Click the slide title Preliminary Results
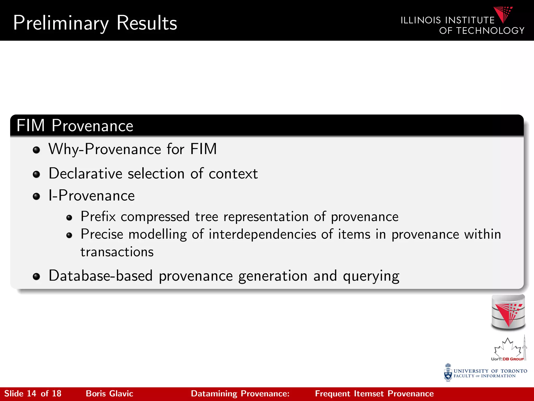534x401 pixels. click(x=95, y=23)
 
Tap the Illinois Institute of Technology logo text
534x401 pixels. click(x=462, y=25)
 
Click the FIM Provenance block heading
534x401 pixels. click(x=75, y=126)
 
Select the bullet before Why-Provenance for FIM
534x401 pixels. click(x=36, y=150)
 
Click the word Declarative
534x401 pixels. click(x=85, y=174)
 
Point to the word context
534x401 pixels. click(x=233, y=174)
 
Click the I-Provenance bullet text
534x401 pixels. click(x=92, y=196)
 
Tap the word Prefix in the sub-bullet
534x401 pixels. click(x=98, y=217)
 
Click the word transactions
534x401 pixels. click(x=117, y=252)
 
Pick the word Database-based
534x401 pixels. click(x=101, y=276)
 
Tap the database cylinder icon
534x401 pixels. click(x=508, y=312)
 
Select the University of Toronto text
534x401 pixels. click(x=490, y=371)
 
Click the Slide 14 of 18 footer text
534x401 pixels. click(x=33, y=394)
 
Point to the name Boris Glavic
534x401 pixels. click(x=110, y=394)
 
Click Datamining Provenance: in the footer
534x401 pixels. click(x=240, y=394)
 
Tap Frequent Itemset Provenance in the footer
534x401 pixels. click(x=374, y=394)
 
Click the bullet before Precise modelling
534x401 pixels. click(x=69, y=235)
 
